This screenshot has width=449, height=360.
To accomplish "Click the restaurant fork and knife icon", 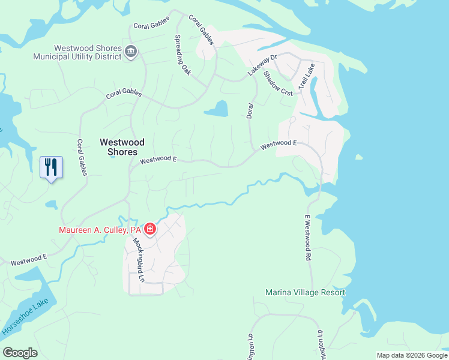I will (x=51, y=167).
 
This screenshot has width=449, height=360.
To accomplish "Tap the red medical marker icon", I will (x=149, y=229).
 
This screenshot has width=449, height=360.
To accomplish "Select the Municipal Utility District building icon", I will (x=131, y=53).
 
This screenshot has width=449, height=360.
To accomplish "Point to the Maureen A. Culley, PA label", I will (x=100, y=230).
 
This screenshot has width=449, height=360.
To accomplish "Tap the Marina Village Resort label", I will (x=306, y=293).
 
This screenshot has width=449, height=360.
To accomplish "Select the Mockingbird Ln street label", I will (x=139, y=261).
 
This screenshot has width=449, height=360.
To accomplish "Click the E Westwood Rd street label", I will (x=307, y=237).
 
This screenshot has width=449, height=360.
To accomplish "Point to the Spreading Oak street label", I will (x=182, y=55).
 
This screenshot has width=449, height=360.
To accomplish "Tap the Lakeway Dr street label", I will (x=262, y=65).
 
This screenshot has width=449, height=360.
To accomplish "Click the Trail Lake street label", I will (x=306, y=77).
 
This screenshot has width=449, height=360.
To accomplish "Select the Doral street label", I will (x=250, y=110).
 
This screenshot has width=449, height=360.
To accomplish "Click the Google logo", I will (x=20, y=353).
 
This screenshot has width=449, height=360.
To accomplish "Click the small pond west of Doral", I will (x=218, y=109).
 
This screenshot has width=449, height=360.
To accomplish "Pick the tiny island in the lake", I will (x=358, y=158).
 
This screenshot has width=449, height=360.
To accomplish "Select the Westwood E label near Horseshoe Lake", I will (x=29, y=260).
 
